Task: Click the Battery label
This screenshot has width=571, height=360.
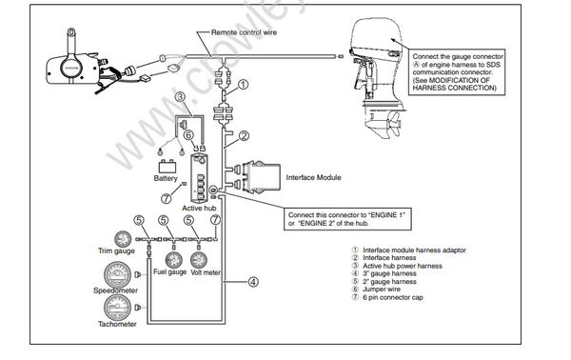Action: (166, 177)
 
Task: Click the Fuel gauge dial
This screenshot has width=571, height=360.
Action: (174, 260)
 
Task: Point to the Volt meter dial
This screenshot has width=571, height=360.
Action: (199, 260)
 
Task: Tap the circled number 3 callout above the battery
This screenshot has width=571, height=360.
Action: (181, 98)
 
